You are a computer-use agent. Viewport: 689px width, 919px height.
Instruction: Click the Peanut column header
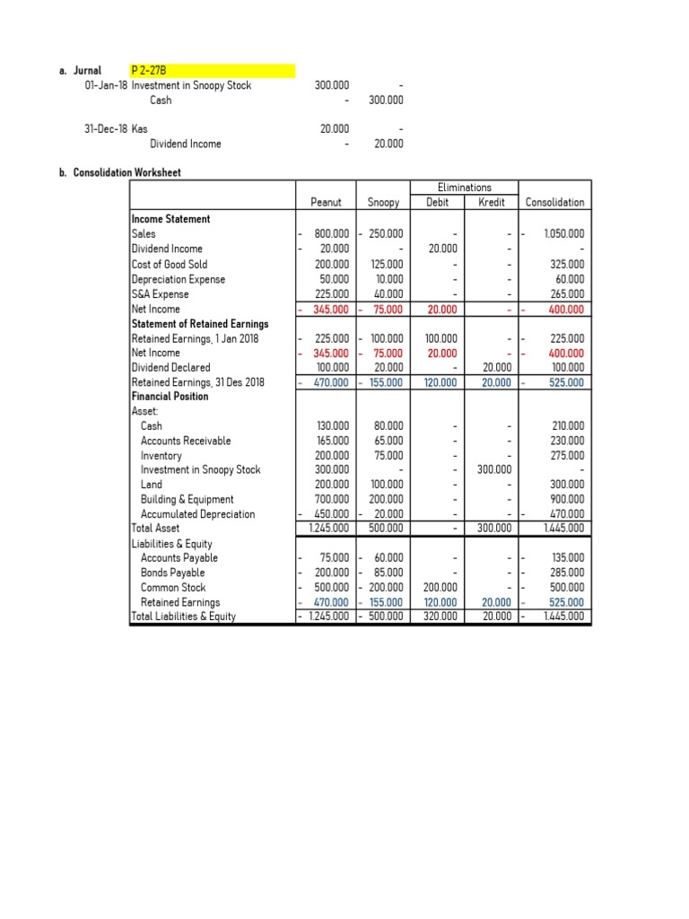point(326,203)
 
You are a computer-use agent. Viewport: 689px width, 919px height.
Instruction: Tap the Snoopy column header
point(383,203)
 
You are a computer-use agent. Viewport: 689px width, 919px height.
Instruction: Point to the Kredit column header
point(493,203)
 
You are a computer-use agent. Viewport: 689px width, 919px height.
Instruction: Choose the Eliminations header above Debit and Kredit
point(464,188)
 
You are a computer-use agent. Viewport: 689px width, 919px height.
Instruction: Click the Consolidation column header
point(554,203)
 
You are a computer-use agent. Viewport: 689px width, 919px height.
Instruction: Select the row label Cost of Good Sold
point(169,264)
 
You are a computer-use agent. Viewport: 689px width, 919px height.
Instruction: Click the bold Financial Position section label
point(170,396)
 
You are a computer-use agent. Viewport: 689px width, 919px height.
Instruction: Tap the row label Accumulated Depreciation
point(197,514)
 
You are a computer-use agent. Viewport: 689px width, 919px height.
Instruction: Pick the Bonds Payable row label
point(172,573)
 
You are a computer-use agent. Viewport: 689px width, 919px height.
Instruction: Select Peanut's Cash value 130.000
point(332,426)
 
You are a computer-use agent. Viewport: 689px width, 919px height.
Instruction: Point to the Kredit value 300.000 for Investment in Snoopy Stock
point(493,469)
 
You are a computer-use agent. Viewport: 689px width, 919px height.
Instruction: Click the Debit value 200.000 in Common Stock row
point(440,588)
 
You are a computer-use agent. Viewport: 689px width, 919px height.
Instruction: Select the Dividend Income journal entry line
point(185,144)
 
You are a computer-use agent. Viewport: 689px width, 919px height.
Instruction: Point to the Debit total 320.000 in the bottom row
point(440,617)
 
